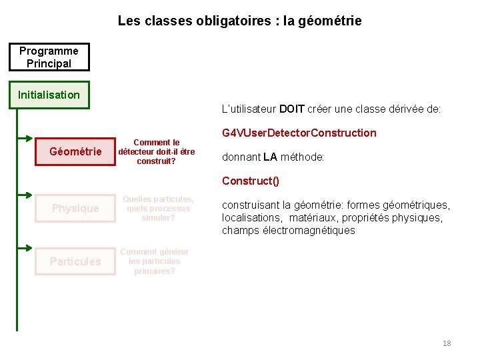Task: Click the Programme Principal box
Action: pos(49,57)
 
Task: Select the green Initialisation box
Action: pos(49,95)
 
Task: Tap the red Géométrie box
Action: pos(75,152)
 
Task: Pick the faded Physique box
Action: pos(75,208)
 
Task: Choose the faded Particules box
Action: pos(75,261)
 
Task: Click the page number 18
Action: pos(447,343)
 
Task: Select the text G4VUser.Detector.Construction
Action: pos(299,133)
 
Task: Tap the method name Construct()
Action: pos(251,181)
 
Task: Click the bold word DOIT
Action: pos(292,109)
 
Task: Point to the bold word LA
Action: pos(270,157)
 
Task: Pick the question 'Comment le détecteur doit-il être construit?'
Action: pos(157,152)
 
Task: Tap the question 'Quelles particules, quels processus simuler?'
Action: pos(158,208)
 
